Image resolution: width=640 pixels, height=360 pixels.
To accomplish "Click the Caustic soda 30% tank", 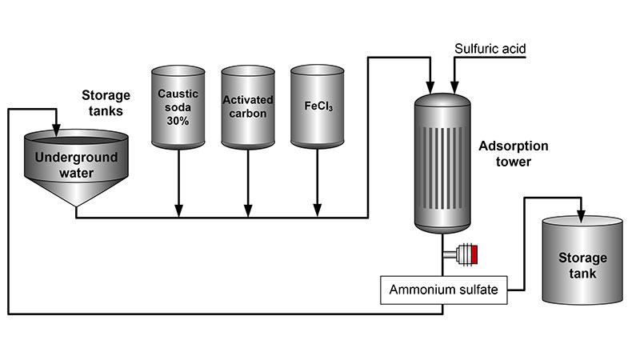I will [x=178, y=107].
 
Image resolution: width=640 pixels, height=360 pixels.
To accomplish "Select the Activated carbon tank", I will [x=247, y=107].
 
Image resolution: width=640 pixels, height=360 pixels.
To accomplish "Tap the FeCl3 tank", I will [x=317, y=107].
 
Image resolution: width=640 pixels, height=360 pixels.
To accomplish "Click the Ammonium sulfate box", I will [x=443, y=290].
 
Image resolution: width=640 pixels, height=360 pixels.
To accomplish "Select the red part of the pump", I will [x=474, y=255].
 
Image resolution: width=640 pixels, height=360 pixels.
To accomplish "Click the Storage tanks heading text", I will [x=106, y=102].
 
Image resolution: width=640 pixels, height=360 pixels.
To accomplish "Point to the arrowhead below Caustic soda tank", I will [x=178, y=211].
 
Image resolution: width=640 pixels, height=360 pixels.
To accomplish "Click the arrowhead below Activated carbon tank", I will [x=247, y=211].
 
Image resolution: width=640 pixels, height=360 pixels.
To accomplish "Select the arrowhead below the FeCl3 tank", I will [x=317, y=211].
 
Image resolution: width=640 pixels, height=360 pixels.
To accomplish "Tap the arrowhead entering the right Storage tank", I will [x=582, y=216].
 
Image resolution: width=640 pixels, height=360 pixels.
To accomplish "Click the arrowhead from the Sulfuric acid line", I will [x=454, y=86].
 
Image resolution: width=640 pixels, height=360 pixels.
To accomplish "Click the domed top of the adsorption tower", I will [x=442, y=100].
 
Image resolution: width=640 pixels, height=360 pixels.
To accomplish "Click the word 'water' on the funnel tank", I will [x=76, y=172].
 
